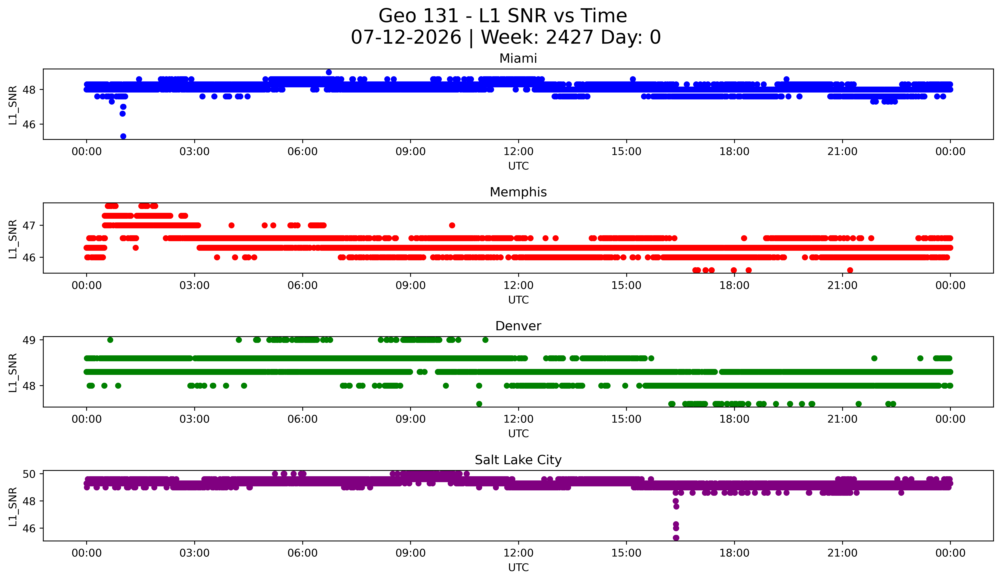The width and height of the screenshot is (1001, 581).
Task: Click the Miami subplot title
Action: click(518, 58)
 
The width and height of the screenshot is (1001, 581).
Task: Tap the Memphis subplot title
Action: click(518, 192)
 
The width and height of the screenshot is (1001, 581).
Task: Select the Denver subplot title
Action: click(518, 326)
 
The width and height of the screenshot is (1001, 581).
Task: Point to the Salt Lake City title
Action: click(518, 460)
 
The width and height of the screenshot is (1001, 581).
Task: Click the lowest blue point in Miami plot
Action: click(123, 136)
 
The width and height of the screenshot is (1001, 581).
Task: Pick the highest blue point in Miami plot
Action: click(329, 72)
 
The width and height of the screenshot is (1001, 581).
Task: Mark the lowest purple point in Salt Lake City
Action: click(676, 538)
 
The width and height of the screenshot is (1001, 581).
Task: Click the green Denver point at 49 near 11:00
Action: click(485, 340)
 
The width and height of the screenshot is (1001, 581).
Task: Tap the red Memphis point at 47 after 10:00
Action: click(452, 225)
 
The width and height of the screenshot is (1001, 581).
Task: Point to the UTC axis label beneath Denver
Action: click(518, 434)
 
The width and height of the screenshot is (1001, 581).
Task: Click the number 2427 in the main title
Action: click(570, 37)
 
